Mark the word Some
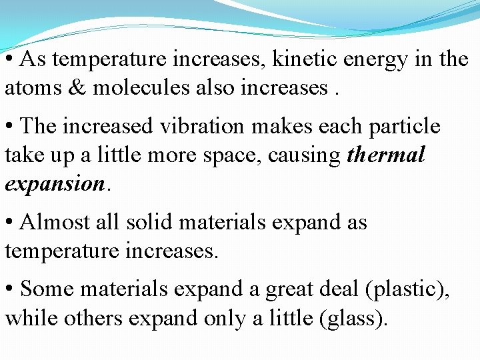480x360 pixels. (x=45, y=289)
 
